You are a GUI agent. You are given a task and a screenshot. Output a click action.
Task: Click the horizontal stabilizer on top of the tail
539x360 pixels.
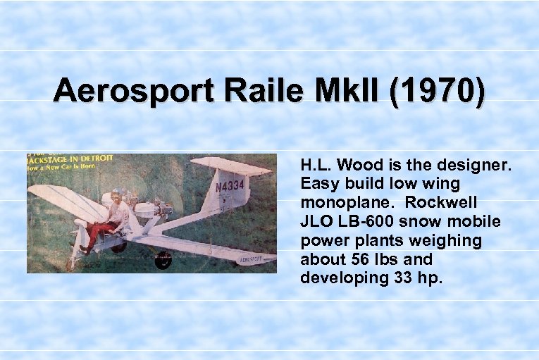pos(230,166)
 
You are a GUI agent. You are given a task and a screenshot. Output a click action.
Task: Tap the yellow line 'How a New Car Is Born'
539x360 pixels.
pos(63,168)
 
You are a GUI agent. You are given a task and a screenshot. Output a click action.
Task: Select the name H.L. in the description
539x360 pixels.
pos(315,166)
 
